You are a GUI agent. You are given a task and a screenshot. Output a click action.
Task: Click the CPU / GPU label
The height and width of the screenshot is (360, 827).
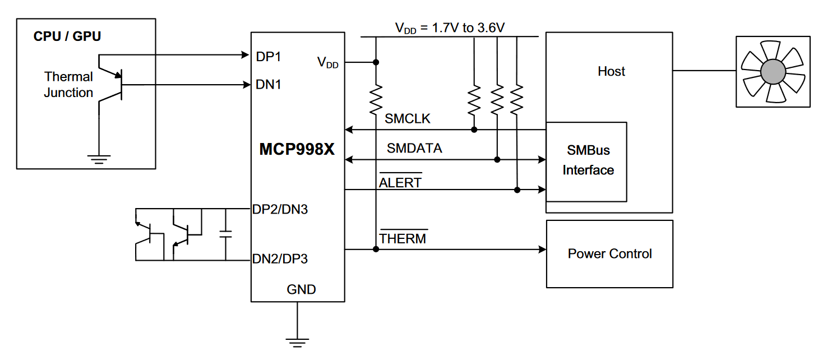(x=67, y=36)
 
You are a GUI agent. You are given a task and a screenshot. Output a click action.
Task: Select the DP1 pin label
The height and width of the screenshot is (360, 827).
(x=268, y=57)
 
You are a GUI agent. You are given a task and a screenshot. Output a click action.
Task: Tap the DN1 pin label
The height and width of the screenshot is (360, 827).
(x=269, y=85)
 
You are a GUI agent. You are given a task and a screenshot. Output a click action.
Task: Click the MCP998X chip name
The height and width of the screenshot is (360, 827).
(x=297, y=150)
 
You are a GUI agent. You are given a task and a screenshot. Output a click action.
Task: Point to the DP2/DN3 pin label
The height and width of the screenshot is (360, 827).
(x=280, y=210)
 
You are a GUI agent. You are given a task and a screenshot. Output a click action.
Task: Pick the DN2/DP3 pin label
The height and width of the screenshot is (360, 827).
(x=280, y=259)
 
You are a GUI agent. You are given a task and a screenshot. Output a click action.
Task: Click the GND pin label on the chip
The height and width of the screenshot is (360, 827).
(x=302, y=289)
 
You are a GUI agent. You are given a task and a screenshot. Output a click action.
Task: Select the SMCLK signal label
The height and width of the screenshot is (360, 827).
(x=408, y=119)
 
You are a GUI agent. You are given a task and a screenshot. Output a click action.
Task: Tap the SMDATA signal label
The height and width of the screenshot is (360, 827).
(x=414, y=149)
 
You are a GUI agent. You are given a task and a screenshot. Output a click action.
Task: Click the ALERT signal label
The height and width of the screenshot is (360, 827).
(x=400, y=183)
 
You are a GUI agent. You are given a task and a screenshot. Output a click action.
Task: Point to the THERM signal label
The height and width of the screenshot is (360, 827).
(x=403, y=238)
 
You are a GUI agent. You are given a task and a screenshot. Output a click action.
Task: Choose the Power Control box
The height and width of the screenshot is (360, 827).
(x=609, y=254)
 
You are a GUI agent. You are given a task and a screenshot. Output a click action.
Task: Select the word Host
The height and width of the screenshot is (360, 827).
(x=611, y=72)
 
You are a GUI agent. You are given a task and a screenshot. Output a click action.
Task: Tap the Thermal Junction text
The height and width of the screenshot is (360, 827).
(x=68, y=85)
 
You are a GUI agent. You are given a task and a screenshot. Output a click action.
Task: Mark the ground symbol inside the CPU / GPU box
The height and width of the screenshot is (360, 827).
(x=99, y=159)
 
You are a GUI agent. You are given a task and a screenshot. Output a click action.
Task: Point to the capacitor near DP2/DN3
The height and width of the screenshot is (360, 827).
(x=225, y=234)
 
